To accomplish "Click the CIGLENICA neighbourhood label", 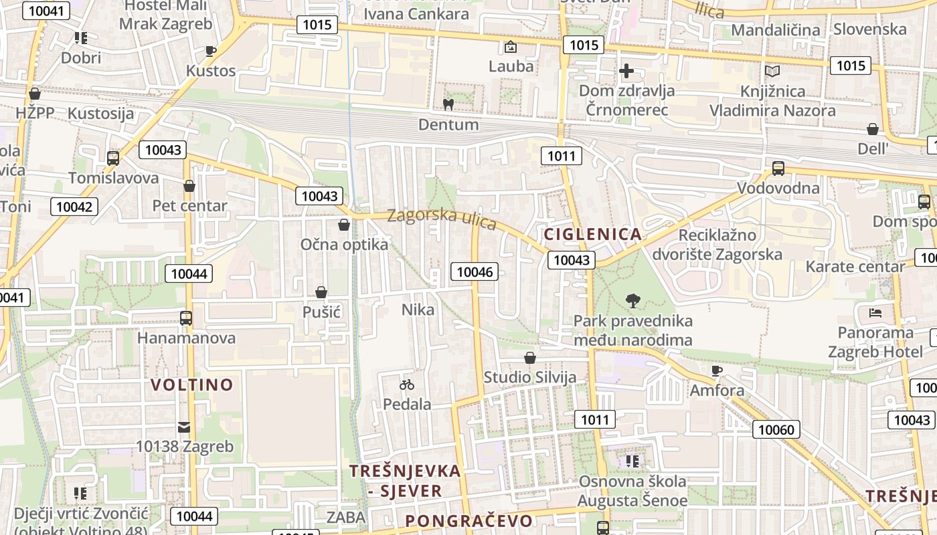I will click(x=593, y=234).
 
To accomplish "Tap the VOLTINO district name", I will click(x=192, y=385).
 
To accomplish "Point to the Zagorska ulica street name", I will click(x=442, y=218).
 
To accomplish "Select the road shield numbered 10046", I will click(x=475, y=272).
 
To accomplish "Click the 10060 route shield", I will click(x=776, y=429).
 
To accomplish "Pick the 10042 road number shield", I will click(x=74, y=207).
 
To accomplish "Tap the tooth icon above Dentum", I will click(x=448, y=104).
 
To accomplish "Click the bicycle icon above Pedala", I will click(x=407, y=385).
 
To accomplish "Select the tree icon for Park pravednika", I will click(x=632, y=301).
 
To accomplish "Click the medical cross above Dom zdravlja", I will click(x=626, y=71).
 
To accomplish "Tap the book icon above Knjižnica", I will click(x=772, y=71).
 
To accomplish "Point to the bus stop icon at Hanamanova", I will click(x=186, y=318).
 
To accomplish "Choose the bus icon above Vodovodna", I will click(x=778, y=169).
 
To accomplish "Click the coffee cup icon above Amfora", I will click(x=717, y=370).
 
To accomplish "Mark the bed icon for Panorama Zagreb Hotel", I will click(x=875, y=312).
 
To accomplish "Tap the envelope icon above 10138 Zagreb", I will click(x=184, y=427).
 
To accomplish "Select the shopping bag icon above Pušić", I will click(x=321, y=292).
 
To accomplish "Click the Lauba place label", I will click(x=511, y=66).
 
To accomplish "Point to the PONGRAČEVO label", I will click(x=469, y=521).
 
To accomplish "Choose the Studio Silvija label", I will click(x=530, y=377).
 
